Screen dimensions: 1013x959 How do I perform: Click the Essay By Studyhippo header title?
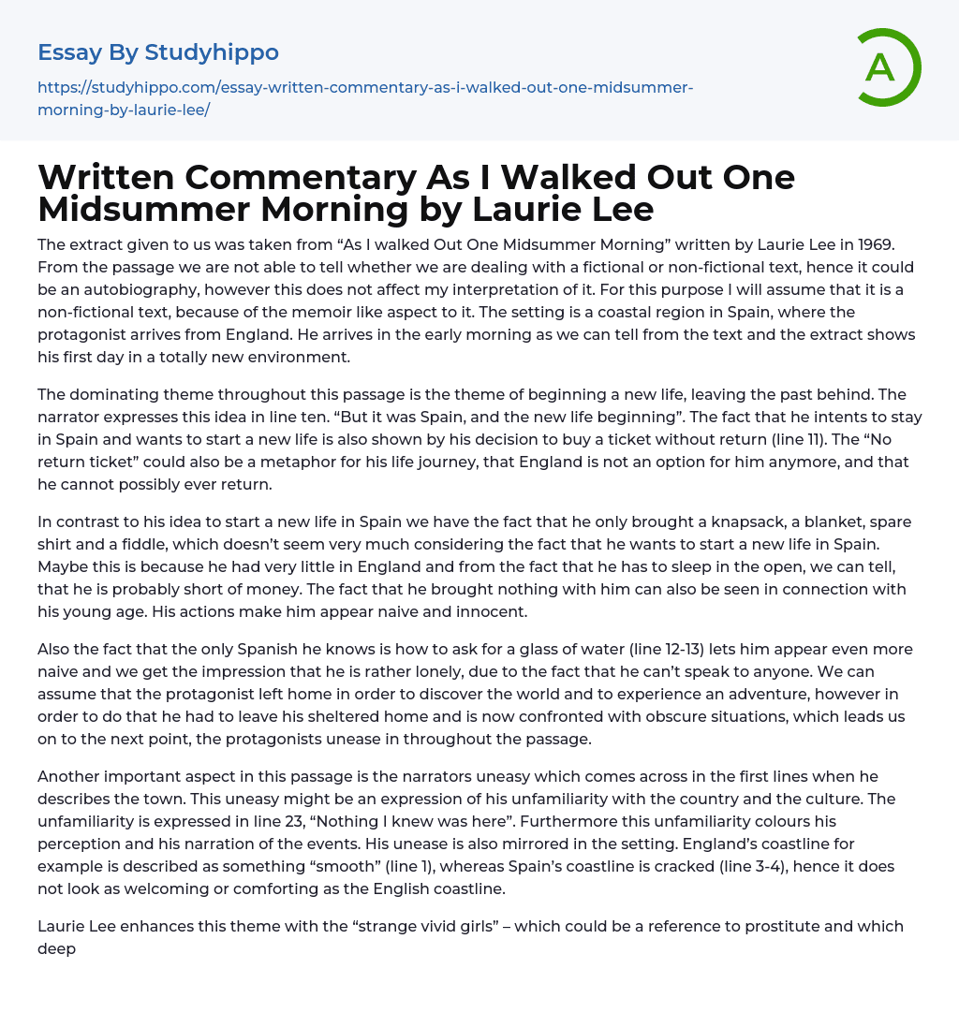point(158,52)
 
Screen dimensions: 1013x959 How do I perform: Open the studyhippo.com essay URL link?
point(365,98)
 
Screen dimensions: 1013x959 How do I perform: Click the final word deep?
point(56,948)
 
